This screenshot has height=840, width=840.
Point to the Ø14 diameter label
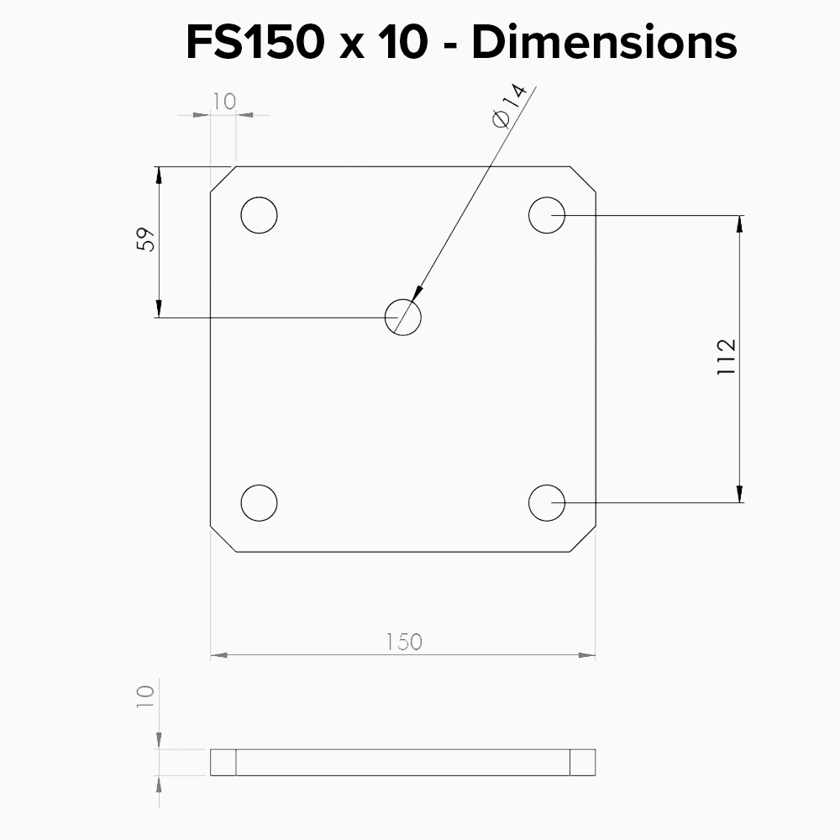click(510, 106)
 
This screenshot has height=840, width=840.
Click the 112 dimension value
click(727, 357)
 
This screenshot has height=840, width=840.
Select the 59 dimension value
click(145, 239)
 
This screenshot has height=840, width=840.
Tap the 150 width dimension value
click(405, 642)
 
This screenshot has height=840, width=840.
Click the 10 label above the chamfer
click(224, 102)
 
